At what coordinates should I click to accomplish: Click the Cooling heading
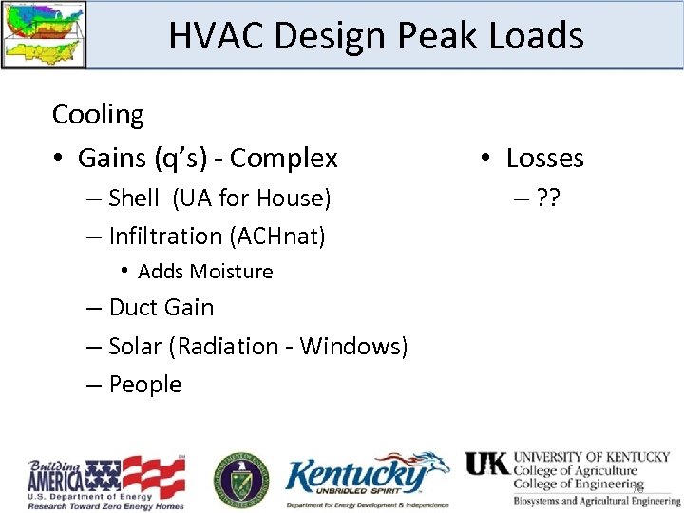click(98, 115)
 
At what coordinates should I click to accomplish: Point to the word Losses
click(544, 158)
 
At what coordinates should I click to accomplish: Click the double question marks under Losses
click(547, 199)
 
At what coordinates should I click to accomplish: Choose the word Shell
click(134, 199)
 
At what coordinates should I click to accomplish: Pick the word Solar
click(136, 347)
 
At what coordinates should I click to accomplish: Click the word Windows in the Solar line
click(353, 347)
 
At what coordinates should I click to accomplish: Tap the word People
click(144, 385)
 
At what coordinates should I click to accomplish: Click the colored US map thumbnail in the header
click(43, 34)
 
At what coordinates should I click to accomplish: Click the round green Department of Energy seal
click(240, 478)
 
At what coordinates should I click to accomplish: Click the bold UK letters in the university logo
click(486, 465)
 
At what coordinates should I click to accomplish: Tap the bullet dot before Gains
click(59, 159)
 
